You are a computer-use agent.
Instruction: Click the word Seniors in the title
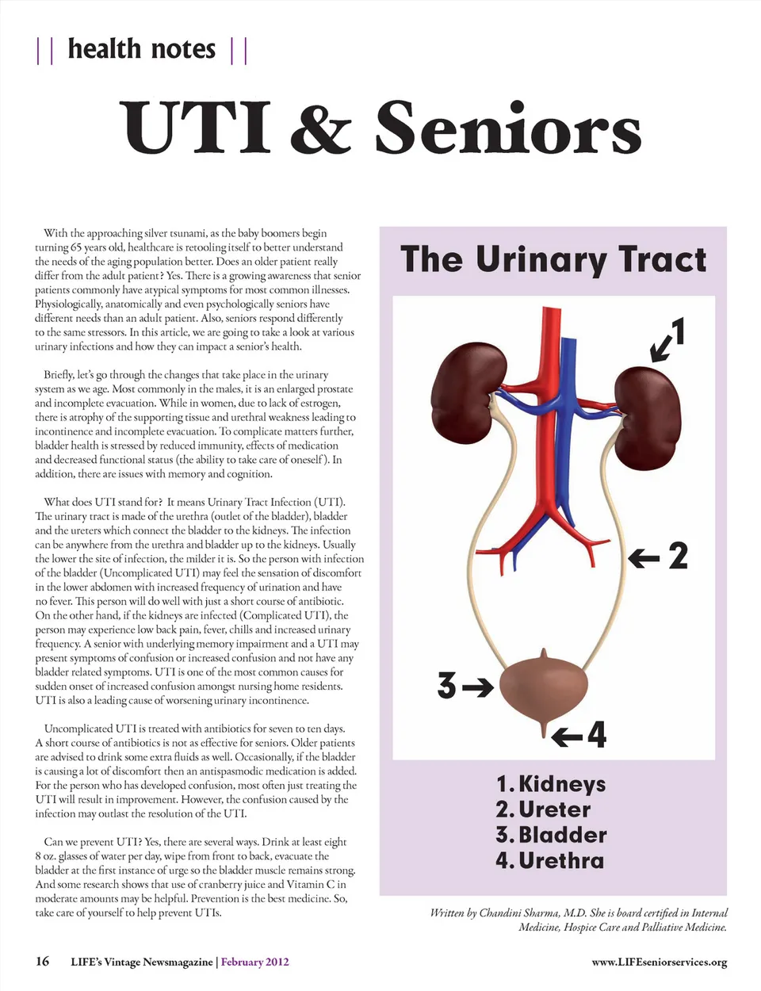(508, 128)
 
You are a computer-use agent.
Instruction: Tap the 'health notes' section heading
(142, 49)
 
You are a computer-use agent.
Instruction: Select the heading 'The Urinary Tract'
(553, 260)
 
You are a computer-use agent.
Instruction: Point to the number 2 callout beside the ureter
(678, 556)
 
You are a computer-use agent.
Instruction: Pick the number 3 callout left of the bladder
(447, 686)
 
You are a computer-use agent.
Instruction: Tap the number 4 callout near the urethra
(596, 735)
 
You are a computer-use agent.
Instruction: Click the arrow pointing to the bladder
(478, 687)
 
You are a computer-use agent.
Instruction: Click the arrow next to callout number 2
(644, 558)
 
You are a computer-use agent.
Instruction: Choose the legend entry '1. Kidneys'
(551, 784)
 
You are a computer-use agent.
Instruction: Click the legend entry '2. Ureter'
(544, 809)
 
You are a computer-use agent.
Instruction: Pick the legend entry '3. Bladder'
(552, 835)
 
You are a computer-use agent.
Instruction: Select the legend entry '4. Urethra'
(550, 860)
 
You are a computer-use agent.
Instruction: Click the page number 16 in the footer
(42, 962)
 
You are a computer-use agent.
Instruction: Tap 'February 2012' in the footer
(254, 962)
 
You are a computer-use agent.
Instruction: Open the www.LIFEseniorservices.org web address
(659, 962)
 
